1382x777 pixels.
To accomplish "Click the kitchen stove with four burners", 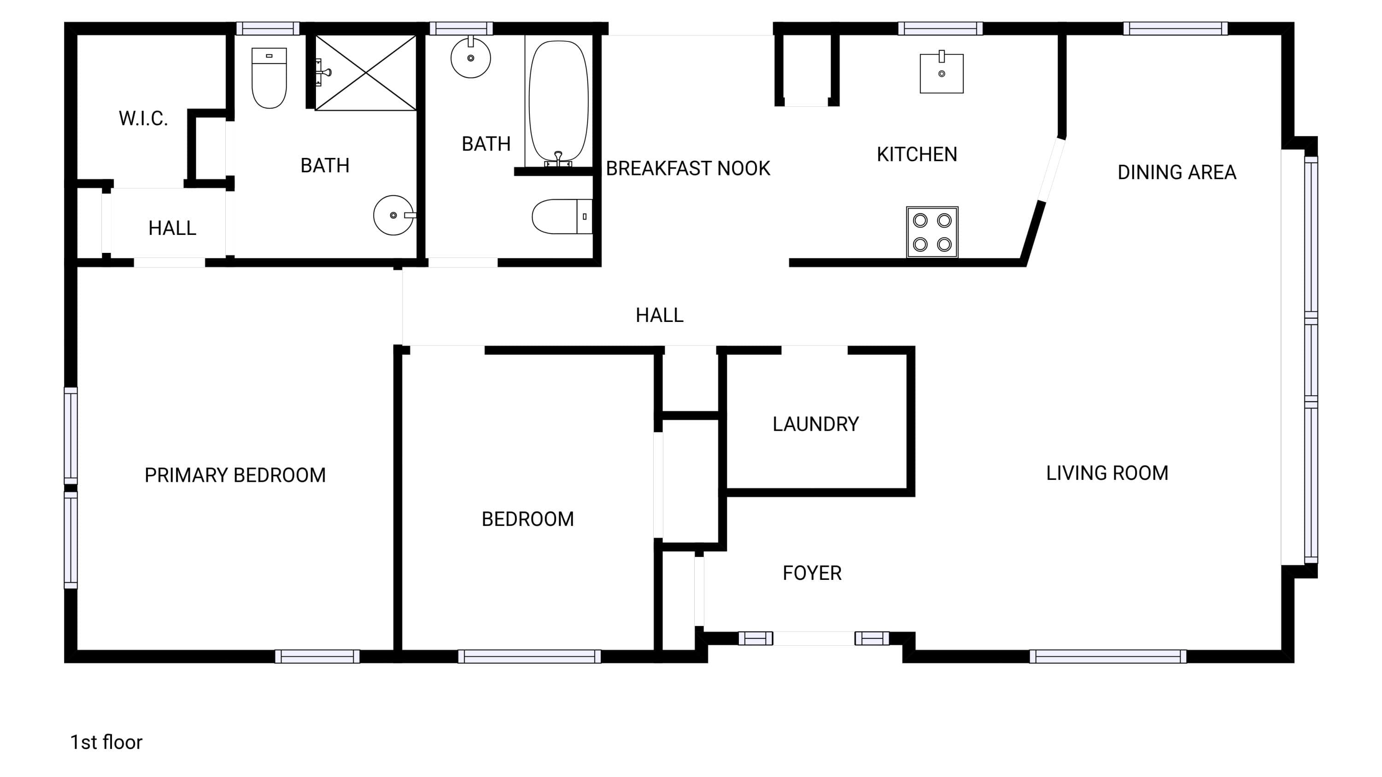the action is (x=932, y=232).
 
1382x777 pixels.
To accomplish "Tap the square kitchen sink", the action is (x=942, y=72).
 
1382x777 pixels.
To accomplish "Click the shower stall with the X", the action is (x=365, y=73).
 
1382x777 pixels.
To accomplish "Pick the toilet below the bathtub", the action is (x=562, y=216).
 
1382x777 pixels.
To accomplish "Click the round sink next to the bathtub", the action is (x=470, y=58).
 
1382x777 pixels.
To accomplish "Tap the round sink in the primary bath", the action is (x=394, y=215).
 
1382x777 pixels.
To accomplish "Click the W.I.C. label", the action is (x=143, y=118).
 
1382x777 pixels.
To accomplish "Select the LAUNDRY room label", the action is (x=815, y=424).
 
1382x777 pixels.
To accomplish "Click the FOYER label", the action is (x=812, y=573).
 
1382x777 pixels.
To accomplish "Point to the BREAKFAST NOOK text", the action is (x=688, y=169).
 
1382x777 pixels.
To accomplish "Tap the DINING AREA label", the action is (x=1177, y=172).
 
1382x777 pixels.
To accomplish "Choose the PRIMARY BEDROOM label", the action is (x=235, y=475).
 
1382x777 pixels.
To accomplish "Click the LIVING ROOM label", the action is (x=1107, y=473).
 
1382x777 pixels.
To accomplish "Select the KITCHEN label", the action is (x=917, y=154).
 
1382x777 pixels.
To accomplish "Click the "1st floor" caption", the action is (x=106, y=742).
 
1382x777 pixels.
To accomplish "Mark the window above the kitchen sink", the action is (x=941, y=29).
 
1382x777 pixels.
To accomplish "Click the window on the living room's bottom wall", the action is (x=1108, y=656).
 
